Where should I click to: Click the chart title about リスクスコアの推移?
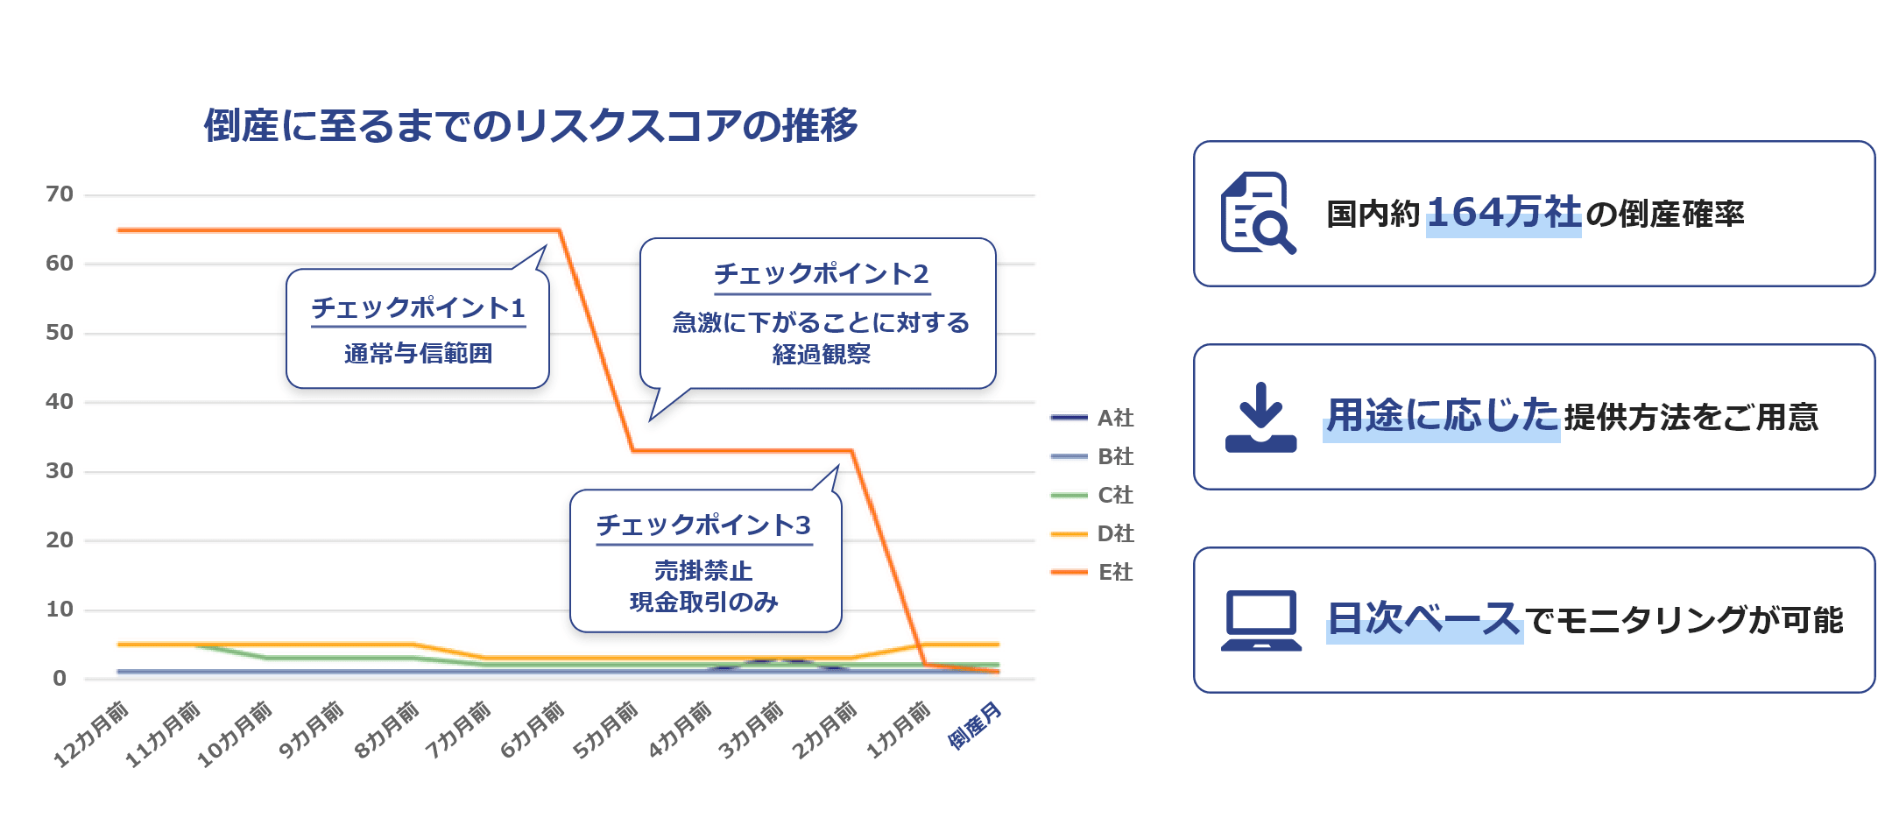click(531, 125)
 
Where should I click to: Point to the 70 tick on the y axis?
click(60, 194)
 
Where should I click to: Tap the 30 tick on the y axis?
click(60, 470)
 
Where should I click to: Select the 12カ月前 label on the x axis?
click(90, 734)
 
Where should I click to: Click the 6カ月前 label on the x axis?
click(532, 730)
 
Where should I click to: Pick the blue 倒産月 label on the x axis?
click(974, 725)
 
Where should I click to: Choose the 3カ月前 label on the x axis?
click(750, 730)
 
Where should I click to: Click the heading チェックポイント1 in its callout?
click(418, 308)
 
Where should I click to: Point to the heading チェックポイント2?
click(821, 274)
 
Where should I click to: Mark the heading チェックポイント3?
click(703, 525)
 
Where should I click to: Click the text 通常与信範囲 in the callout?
click(418, 354)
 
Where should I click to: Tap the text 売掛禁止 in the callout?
click(703, 571)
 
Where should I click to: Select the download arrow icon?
click(1260, 417)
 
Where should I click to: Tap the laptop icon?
click(1260, 620)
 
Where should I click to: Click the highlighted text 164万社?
click(1503, 213)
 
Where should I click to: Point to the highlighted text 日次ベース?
click(1423, 619)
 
